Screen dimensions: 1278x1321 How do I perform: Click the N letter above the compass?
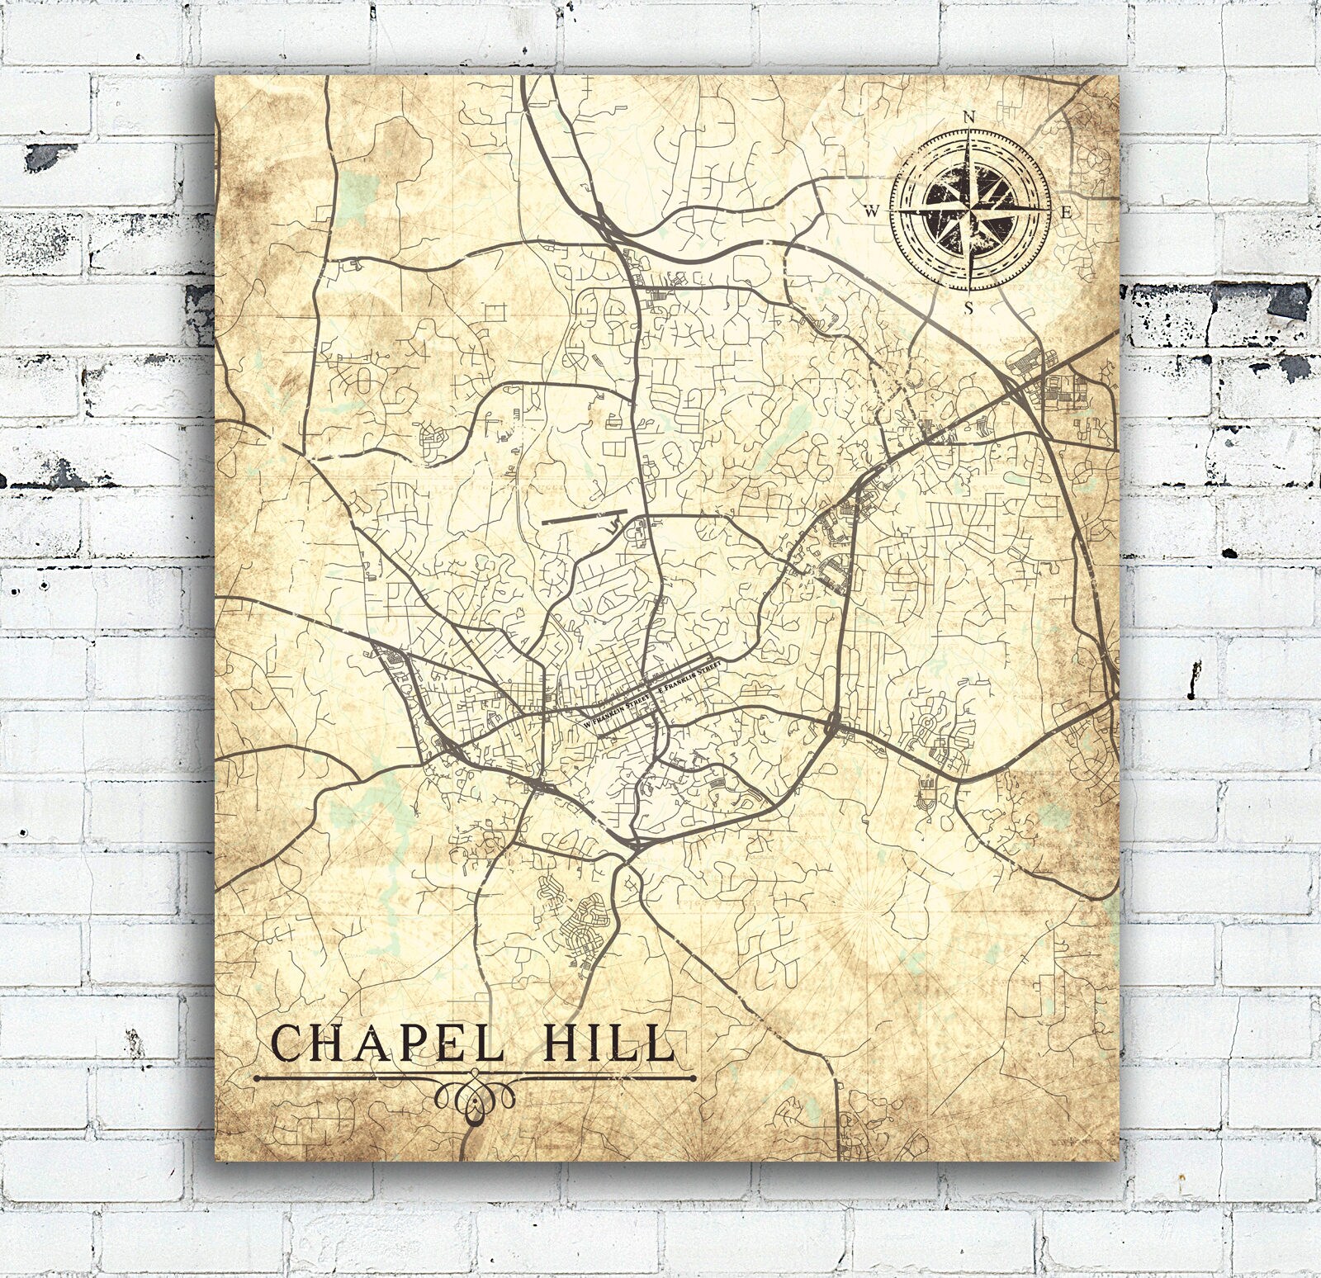969,117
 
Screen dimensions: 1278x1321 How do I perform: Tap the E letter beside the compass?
1066,213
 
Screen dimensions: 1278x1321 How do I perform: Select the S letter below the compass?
969,309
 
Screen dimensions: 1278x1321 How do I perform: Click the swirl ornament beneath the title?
475,1098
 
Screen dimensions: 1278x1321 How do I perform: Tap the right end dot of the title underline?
693,1077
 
